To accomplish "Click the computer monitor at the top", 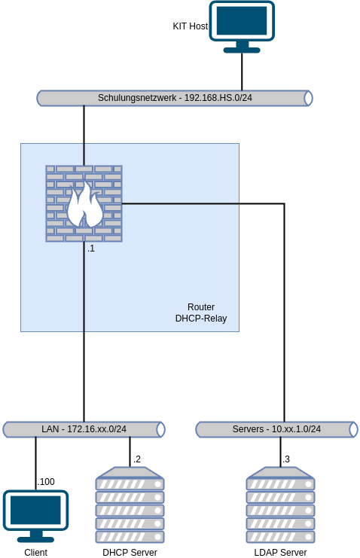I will click(x=242, y=25).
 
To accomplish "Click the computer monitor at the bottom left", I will click(x=35, y=514).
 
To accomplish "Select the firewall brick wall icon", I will click(x=84, y=203).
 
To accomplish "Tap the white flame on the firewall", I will click(x=84, y=206).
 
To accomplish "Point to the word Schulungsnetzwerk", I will click(x=136, y=98).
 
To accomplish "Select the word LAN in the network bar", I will click(x=50, y=429).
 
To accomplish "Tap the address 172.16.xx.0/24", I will click(x=96, y=429).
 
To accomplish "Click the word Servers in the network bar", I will click(x=248, y=429).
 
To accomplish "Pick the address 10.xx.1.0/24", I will click(x=296, y=429).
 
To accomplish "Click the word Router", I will click(x=201, y=307).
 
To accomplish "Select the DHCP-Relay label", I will click(x=201, y=319).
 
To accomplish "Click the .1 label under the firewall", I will click(x=90, y=249).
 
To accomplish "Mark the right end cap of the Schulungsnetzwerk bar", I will click(x=308, y=98).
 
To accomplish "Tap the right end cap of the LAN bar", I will click(x=160, y=429).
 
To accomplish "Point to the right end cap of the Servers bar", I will click(x=354, y=429).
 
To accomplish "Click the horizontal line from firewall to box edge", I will click(x=181, y=203).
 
